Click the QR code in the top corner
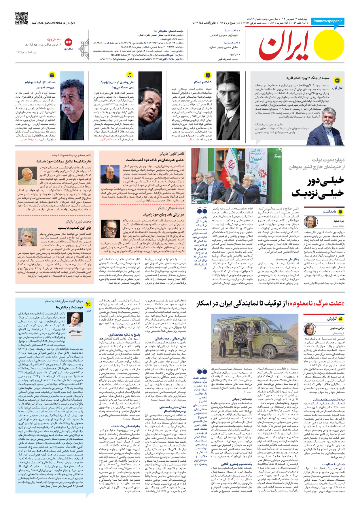22,18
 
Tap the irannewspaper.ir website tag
327,21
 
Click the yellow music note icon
130,75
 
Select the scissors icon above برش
88,304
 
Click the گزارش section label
331,319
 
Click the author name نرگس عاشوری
337,328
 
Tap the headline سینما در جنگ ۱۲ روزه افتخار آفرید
308,78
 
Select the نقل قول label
338,88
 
